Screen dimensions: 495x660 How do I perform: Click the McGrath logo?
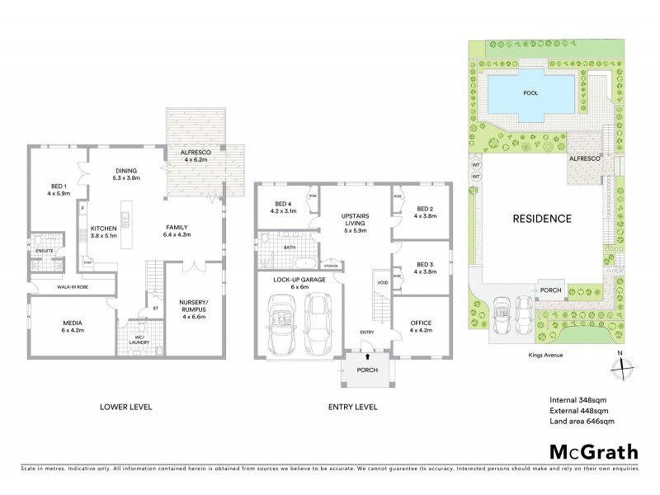[x=594, y=451]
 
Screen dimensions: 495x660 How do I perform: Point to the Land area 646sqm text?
[x=582, y=422]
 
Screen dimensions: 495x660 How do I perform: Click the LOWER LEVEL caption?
[x=126, y=407]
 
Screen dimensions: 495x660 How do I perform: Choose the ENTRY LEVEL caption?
[x=352, y=407]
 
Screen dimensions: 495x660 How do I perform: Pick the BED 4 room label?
[x=284, y=207]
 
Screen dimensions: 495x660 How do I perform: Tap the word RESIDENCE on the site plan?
[x=542, y=219]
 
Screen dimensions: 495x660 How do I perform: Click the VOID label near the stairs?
[x=382, y=283]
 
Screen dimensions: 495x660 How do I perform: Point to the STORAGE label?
[x=330, y=266]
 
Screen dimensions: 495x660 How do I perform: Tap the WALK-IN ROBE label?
[x=73, y=286]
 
